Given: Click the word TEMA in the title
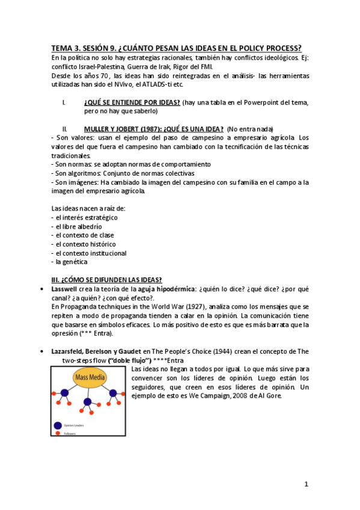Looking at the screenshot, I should click(x=61, y=48).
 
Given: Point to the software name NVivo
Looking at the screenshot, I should click(x=133, y=84).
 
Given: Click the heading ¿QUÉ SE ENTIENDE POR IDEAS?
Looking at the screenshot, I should click(x=132, y=102).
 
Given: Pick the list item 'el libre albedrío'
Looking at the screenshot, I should click(x=78, y=226).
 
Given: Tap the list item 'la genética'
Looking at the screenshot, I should click(x=72, y=262).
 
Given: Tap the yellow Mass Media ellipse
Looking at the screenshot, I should click(x=90, y=378).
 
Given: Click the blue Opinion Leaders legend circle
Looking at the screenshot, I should click(x=58, y=425).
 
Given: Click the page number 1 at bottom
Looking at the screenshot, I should click(x=306, y=484).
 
